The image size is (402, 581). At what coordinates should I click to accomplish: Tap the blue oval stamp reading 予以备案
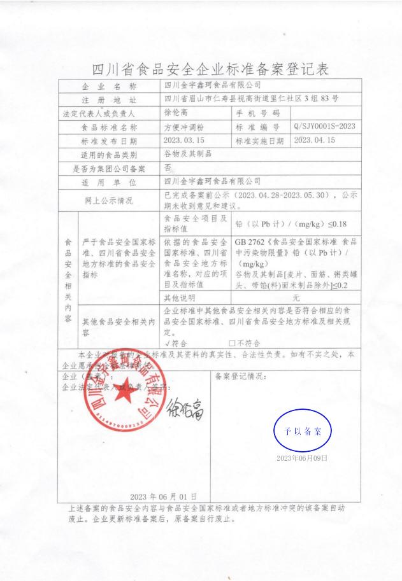(x=303, y=431)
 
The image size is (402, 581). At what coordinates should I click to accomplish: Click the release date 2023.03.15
(x=183, y=141)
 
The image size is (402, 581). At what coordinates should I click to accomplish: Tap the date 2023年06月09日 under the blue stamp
(x=301, y=458)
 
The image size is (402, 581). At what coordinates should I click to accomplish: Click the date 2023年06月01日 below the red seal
(x=164, y=496)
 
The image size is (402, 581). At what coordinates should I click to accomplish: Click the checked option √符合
(x=175, y=343)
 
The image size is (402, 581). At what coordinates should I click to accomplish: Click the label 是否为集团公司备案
(x=110, y=169)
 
